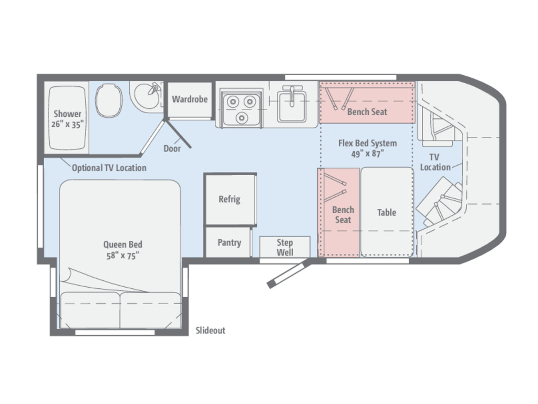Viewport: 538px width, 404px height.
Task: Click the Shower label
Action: [x=67, y=114]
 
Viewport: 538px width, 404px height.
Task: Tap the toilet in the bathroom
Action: [x=109, y=100]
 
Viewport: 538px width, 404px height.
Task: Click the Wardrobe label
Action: [x=190, y=99]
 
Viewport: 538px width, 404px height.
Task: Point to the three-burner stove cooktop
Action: [x=241, y=108]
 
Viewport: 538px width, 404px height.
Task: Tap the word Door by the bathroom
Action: [x=172, y=148]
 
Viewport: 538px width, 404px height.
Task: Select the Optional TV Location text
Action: [x=109, y=168]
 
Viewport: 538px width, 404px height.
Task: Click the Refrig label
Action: [x=229, y=199]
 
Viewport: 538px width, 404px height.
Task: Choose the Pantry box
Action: [x=229, y=243]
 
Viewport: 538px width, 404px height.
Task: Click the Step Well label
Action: [x=285, y=247]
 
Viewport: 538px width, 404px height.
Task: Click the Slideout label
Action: [x=210, y=330]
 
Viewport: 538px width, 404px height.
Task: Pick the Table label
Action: [x=387, y=213]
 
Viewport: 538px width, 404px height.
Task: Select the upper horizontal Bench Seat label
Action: [x=367, y=112]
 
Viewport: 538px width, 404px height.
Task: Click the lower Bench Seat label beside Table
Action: [x=343, y=215]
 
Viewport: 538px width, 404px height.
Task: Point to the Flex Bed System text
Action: [x=367, y=143]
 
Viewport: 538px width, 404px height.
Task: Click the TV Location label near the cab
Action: [x=435, y=162]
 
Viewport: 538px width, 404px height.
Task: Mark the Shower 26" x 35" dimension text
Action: [x=67, y=124]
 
